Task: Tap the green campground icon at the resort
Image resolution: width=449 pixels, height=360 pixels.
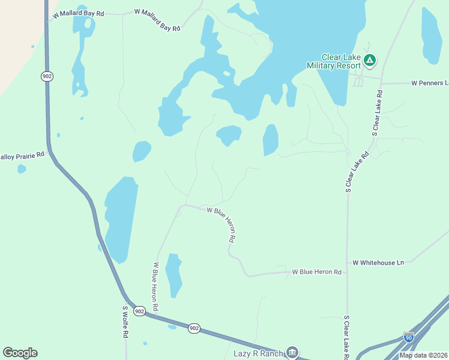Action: (x=370, y=60)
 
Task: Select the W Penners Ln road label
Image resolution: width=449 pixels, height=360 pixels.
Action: (x=430, y=83)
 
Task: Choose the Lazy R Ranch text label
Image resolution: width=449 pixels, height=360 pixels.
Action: (x=258, y=353)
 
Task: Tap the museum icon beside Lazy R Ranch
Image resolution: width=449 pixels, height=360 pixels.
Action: (x=292, y=352)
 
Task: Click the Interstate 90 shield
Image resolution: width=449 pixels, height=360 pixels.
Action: (x=409, y=338)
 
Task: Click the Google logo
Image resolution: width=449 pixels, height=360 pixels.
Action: (x=20, y=353)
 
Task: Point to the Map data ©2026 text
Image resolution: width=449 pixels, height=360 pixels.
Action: (x=424, y=355)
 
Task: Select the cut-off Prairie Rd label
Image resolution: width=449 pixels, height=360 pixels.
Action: (x=23, y=155)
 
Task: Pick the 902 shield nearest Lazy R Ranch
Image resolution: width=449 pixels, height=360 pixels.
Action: (x=194, y=328)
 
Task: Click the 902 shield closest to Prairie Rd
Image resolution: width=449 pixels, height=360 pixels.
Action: (x=47, y=76)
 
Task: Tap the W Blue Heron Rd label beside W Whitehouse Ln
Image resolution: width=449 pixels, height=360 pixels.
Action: (x=317, y=272)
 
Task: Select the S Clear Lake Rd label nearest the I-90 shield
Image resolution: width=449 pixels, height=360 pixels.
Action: (x=347, y=334)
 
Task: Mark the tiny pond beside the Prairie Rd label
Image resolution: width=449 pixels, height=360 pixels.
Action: (x=22, y=169)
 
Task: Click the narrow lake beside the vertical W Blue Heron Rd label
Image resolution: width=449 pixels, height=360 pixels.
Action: (x=173, y=274)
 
